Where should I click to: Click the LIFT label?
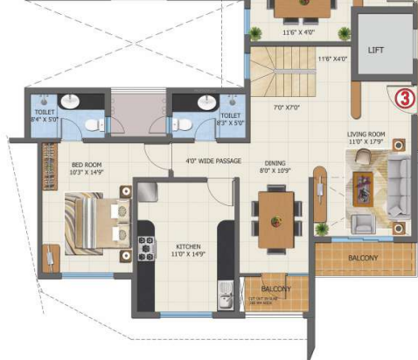coord(378,51)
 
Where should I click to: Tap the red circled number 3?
coord(402,98)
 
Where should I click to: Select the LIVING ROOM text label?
coord(366,135)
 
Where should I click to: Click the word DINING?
coord(277,163)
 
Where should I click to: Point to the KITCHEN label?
coord(188,246)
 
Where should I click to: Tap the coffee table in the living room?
coord(362,188)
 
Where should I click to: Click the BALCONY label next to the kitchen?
coord(275,289)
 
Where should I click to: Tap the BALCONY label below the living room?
coord(362,259)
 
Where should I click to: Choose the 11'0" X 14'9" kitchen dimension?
coord(188,255)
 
